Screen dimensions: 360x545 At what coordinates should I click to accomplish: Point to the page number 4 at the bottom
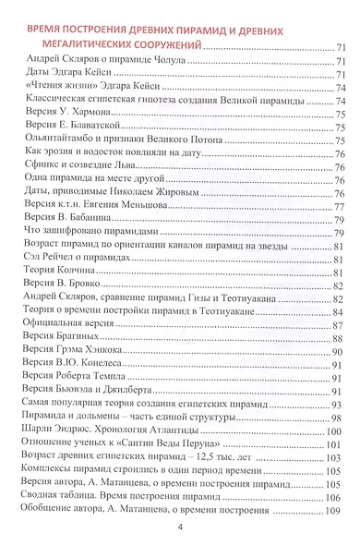181,527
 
